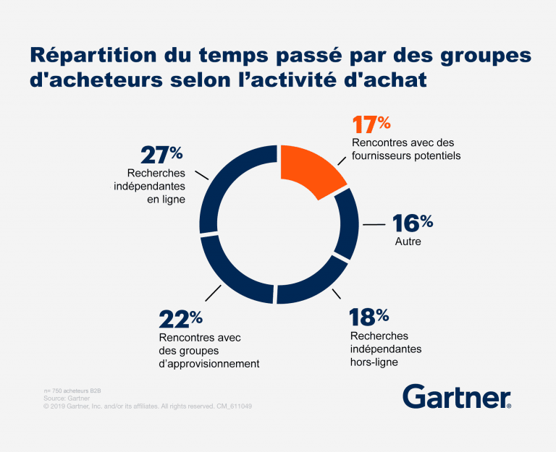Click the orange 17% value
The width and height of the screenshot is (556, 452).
[370, 126]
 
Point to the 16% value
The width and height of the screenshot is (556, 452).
[412, 223]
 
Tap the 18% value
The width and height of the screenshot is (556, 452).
[368, 317]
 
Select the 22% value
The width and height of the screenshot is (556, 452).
[180, 318]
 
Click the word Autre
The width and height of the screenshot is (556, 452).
[407, 242]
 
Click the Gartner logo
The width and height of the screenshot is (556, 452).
[456, 396]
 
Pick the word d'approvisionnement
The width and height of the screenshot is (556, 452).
[208, 364]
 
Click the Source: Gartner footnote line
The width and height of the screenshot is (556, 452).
[66, 398]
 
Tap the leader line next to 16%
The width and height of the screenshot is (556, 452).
[374, 225]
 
